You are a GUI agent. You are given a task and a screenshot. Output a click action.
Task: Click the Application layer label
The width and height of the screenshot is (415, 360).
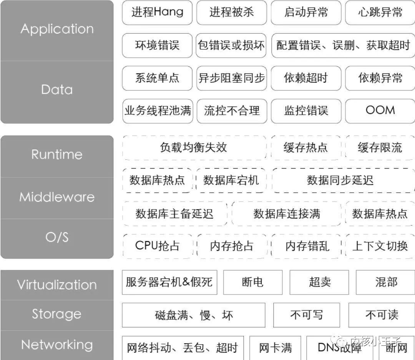point(57,29)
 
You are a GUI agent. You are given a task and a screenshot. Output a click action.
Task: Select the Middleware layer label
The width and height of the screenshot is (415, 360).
point(57,197)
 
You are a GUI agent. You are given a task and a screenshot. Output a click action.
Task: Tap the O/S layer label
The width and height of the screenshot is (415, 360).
point(57,237)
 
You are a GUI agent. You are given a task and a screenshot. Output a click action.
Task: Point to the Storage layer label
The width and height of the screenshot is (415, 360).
point(57,314)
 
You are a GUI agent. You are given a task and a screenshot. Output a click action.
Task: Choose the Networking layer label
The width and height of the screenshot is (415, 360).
point(57,345)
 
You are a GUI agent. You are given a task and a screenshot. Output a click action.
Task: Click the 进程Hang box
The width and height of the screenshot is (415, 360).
point(157,12)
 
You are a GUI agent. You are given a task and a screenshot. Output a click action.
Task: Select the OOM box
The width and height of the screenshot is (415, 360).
point(380,111)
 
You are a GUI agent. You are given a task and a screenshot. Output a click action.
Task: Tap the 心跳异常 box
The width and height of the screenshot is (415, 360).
point(380,12)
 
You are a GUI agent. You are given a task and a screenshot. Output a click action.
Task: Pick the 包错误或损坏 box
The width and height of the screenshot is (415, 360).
point(231,45)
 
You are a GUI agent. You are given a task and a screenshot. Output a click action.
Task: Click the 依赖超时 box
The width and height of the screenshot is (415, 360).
point(306,78)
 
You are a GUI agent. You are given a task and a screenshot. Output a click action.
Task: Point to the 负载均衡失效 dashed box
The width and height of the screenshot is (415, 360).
point(194,148)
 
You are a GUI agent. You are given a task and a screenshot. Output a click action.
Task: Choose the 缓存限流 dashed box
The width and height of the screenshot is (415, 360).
point(380,148)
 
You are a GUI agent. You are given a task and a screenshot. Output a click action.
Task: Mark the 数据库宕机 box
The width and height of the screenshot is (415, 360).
point(231,180)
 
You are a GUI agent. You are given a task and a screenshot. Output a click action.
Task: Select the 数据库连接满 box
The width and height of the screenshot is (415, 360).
point(287,214)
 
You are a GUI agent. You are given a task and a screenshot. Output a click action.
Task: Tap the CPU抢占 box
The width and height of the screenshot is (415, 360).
point(157,246)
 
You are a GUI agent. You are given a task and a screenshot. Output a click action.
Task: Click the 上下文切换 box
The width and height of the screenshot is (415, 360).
point(380,246)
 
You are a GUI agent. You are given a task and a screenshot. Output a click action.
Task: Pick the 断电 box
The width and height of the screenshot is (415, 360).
point(252,282)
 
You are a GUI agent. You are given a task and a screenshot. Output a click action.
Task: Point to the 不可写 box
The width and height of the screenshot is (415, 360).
point(306,315)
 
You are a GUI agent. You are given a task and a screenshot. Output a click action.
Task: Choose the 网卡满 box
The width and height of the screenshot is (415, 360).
point(275,348)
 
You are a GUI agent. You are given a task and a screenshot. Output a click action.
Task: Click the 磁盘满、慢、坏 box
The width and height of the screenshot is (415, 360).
point(194,315)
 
